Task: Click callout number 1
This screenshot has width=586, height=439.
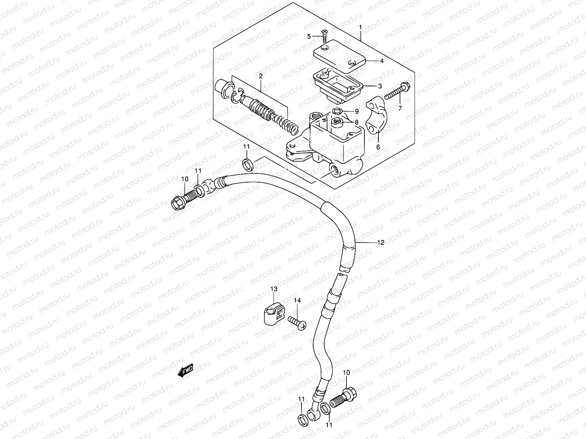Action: [360, 27]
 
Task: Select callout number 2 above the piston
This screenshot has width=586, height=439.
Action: [260, 76]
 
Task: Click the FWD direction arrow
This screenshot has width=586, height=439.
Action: [186, 372]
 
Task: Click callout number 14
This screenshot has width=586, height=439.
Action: [297, 300]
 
